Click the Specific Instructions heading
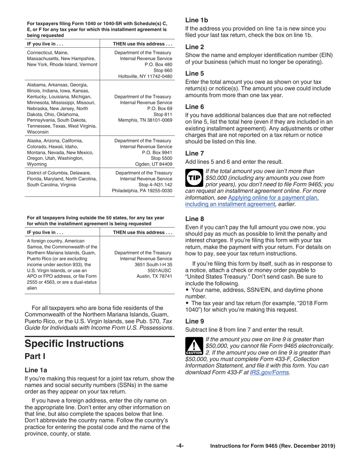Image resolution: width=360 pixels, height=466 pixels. pyautogui.click(x=74, y=344)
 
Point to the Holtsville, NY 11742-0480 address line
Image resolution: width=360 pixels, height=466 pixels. pyautogui.click(x=145, y=77)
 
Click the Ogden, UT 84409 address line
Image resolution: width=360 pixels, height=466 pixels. pyautogui.click(x=153, y=164)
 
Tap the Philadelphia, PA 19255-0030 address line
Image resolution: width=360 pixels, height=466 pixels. pyautogui.click(x=142, y=191)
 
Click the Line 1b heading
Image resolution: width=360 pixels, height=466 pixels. pyautogui.click(x=196, y=20)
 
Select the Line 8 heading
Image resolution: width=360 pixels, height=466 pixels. pyautogui.click(x=194, y=219)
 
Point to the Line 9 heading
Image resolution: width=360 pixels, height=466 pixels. pyautogui.click(x=194, y=321)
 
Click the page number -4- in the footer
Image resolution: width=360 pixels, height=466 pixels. pyautogui.click(x=180, y=446)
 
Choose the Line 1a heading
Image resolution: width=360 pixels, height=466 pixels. pyautogui.click(x=36, y=370)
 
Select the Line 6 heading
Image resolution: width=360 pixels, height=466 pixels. pyautogui.click(x=194, y=107)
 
